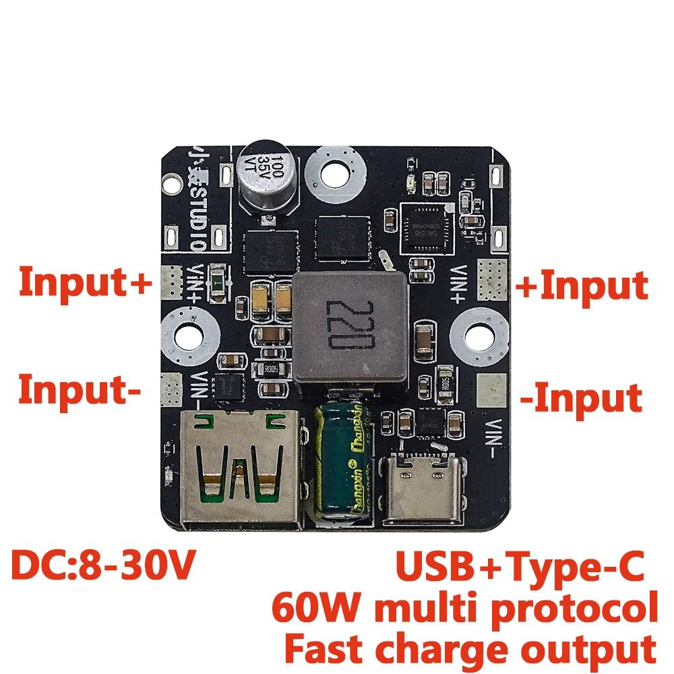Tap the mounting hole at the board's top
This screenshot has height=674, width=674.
coord(335,173)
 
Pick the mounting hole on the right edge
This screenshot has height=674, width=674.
coord(481,333)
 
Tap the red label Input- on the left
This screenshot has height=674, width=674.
coord(80,390)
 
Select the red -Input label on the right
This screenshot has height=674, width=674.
coord(581,398)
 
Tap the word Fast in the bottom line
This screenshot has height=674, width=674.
coord(324,649)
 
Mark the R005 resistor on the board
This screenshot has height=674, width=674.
coord(270,369)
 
